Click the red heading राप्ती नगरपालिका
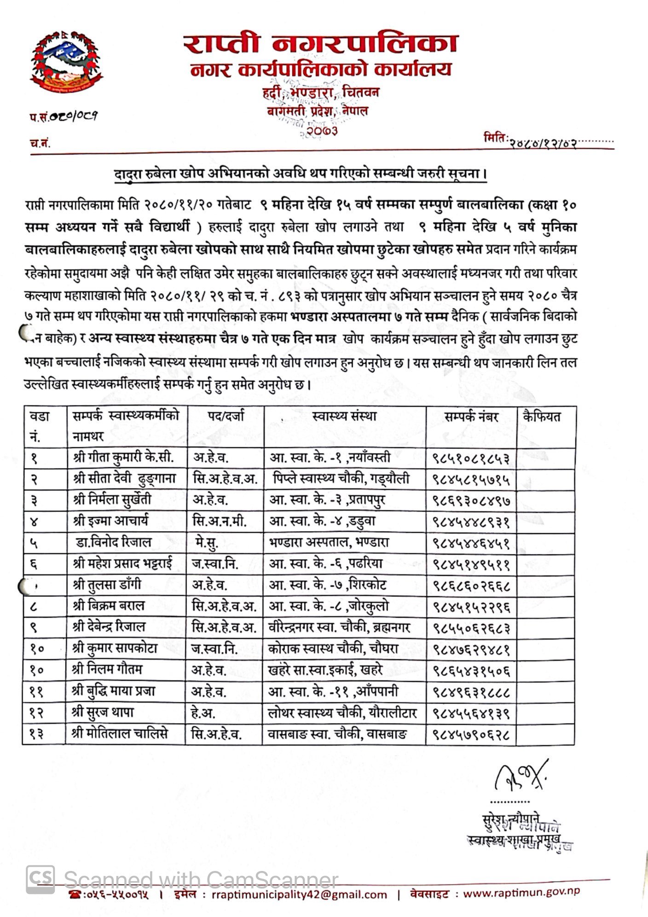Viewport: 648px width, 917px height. click(321, 44)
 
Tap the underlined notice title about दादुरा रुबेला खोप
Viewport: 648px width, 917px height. click(301, 174)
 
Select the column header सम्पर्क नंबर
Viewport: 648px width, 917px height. click(471, 417)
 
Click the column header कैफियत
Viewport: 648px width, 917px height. click(542, 417)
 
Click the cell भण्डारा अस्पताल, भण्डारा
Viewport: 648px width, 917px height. click(329, 542)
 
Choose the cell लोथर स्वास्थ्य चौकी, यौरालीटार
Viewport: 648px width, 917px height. click(342, 714)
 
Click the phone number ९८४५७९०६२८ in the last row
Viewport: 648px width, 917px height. click(471, 735)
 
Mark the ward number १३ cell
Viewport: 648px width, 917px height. click(37, 735)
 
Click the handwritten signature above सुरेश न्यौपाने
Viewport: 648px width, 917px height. click(521, 778)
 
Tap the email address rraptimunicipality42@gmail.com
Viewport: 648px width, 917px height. click(300, 894)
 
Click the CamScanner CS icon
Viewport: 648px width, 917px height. click(40, 880)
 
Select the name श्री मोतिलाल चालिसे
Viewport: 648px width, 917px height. click(120, 734)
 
